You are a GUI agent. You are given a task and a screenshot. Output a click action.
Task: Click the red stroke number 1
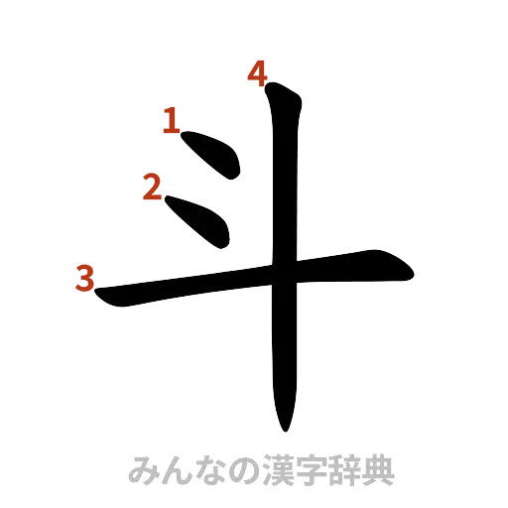[x=171, y=122]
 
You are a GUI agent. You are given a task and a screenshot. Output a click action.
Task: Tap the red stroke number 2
[x=153, y=187]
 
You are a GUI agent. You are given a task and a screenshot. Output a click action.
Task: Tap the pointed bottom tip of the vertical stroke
[x=286, y=429]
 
